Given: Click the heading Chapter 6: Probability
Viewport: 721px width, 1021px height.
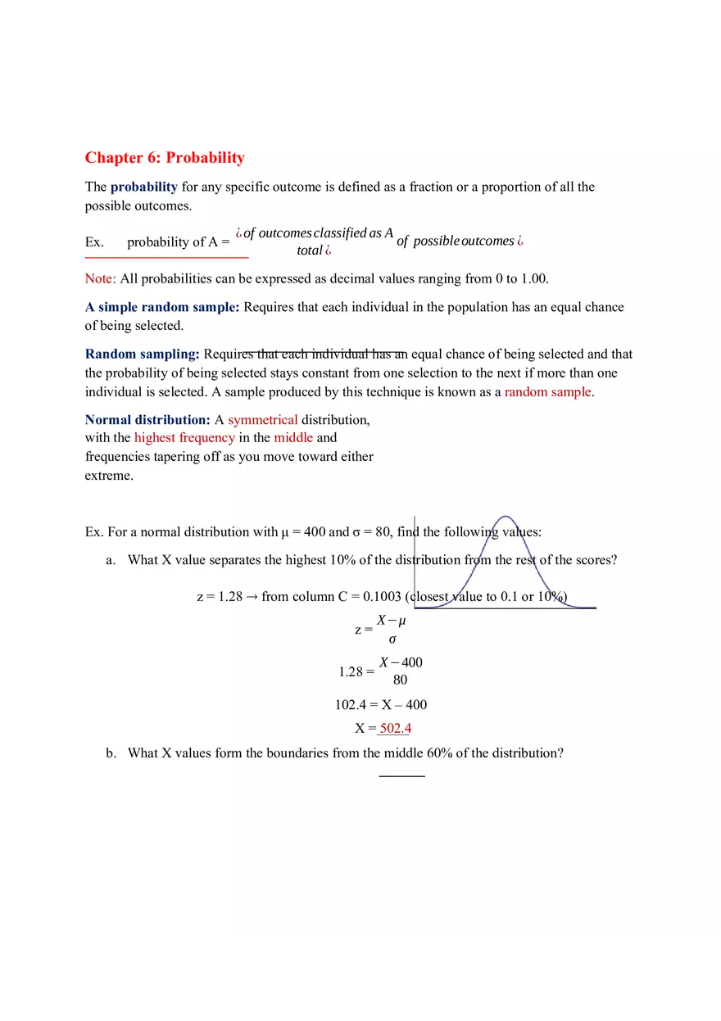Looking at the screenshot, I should (x=165, y=158).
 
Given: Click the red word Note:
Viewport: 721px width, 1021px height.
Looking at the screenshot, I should (x=101, y=278).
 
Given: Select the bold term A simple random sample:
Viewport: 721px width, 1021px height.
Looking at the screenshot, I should (x=162, y=307).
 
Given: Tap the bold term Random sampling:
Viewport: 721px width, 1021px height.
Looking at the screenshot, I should (x=143, y=355).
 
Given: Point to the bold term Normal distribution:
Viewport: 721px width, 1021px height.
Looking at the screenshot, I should (x=147, y=420).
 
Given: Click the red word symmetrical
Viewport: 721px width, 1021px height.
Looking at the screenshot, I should (x=263, y=420).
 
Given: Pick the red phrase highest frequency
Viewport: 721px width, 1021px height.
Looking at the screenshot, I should (x=184, y=438).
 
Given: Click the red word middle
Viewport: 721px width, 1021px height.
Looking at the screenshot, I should (x=293, y=438).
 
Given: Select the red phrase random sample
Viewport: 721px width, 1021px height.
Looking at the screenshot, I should (x=547, y=392).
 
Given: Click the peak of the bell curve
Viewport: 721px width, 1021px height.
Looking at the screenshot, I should (x=506, y=517).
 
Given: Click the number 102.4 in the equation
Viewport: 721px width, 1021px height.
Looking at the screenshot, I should (x=349, y=704).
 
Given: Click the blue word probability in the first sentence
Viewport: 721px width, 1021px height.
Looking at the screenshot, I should (x=144, y=187).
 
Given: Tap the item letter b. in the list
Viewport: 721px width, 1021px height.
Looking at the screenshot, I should (x=111, y=753).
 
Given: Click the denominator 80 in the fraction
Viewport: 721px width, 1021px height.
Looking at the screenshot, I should (x=400, y=680).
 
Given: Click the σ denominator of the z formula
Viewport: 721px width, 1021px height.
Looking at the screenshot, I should (x=392, y=639).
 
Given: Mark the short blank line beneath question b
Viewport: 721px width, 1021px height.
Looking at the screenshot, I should (x=402, y=775).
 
